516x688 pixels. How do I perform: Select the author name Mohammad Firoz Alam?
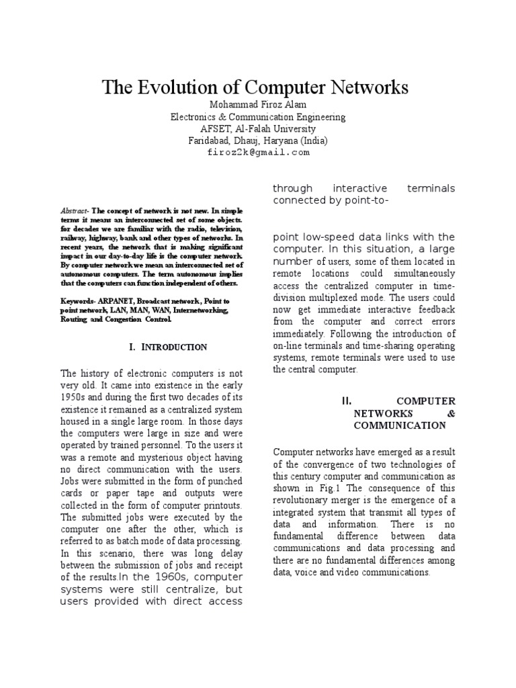[x=258, y=105]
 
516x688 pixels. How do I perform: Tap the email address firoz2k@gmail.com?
[x=258, y=153]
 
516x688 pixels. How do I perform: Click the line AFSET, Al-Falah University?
[x=258, y=129]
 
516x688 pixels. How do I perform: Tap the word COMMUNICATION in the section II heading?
[x=399, y=425]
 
